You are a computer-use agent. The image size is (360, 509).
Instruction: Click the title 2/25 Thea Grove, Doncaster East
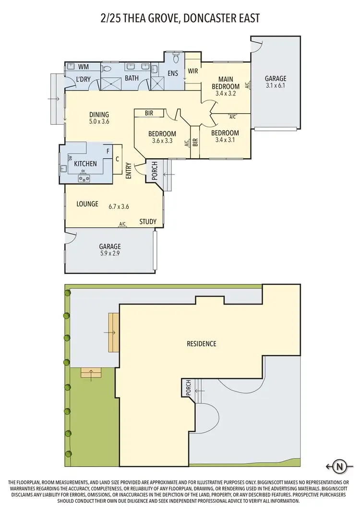pos(180,19)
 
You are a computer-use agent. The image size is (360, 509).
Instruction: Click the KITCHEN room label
pos(85,164)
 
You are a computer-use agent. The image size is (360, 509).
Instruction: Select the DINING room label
pos(99,115)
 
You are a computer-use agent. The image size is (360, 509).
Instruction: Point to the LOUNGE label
pos(87,204)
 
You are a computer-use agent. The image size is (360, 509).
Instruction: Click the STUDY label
pos(148,222)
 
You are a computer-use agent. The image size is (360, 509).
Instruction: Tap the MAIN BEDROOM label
pos(225,83)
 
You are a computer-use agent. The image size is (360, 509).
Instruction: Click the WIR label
pos(193,71)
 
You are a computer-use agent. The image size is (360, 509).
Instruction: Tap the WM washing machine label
pos(84,67)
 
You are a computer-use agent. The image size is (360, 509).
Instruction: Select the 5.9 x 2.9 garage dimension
pos(110,253)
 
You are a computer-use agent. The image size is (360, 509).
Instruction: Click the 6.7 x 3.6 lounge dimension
pos(119,207)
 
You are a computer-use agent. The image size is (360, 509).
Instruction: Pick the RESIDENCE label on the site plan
pos(202,343)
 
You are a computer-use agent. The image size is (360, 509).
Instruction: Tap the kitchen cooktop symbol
pos(85,179)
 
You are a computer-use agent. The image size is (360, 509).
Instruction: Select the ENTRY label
pos(128,171)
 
